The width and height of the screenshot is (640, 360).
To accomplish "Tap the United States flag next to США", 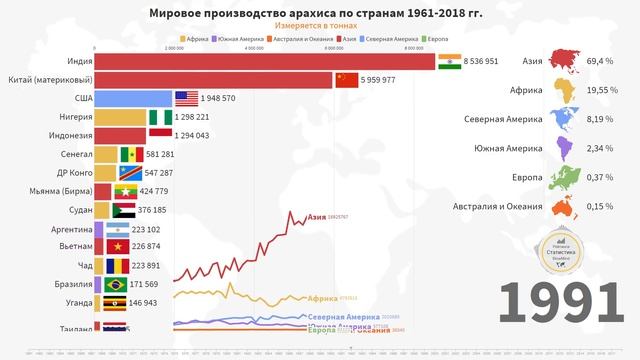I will tap(187, 98).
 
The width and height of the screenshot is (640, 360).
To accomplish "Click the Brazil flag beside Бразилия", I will tap(118, 284).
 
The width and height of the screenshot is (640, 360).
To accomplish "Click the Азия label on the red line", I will tap(317, 216).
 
